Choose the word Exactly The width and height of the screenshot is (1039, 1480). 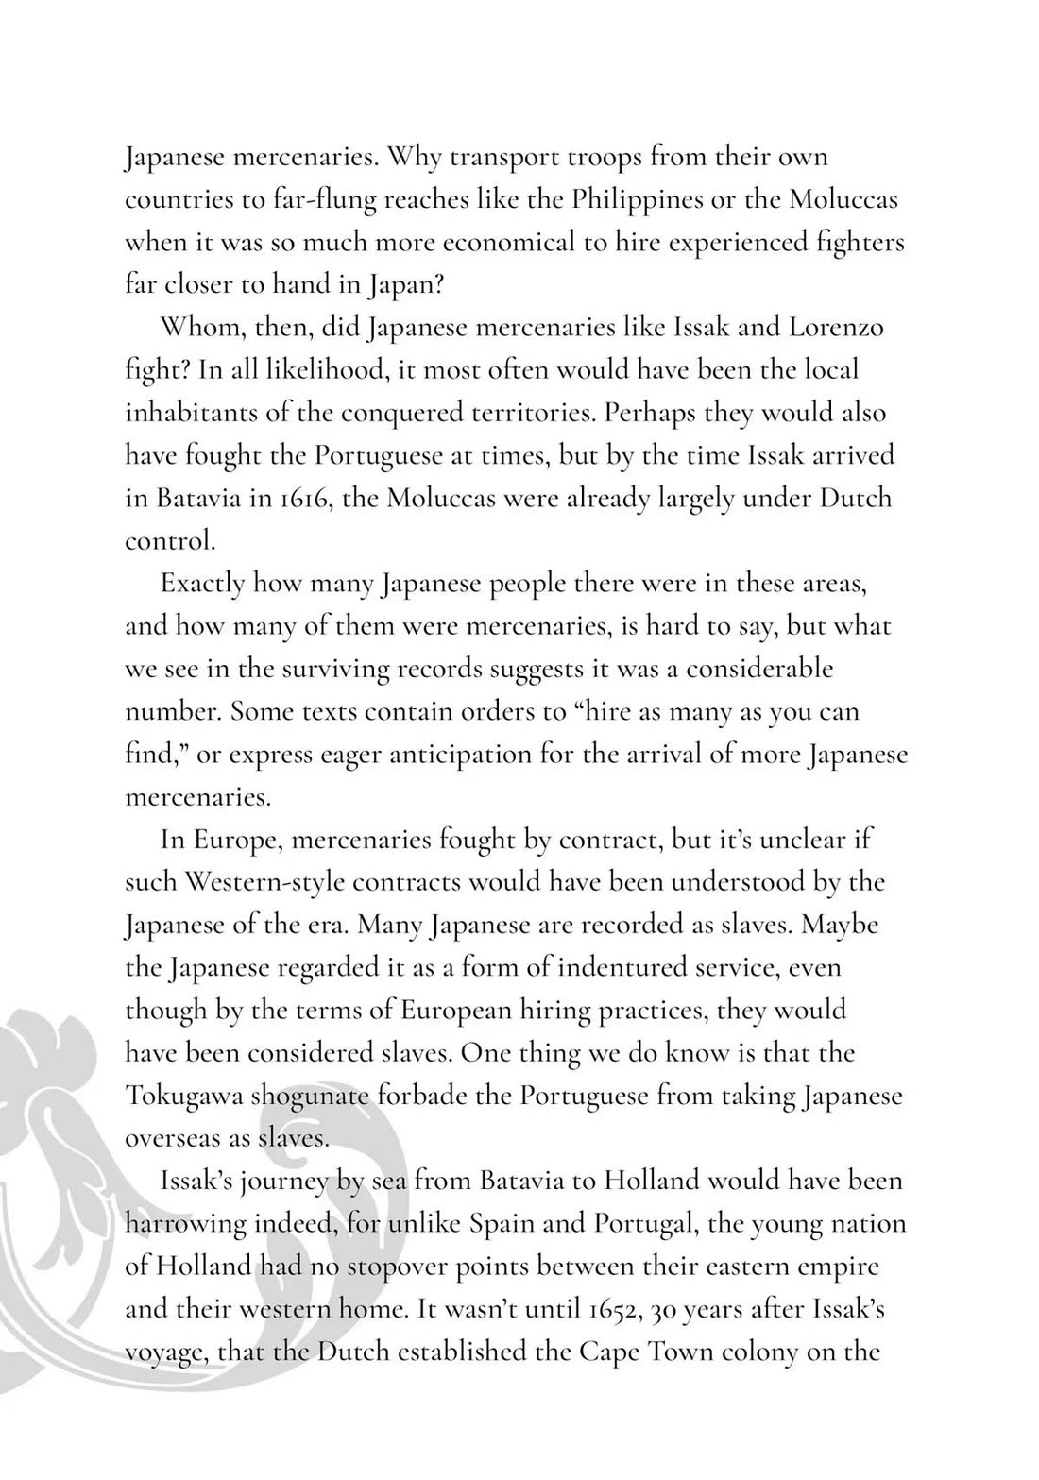click(202, 583)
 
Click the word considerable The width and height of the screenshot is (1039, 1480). click(759, 669)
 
